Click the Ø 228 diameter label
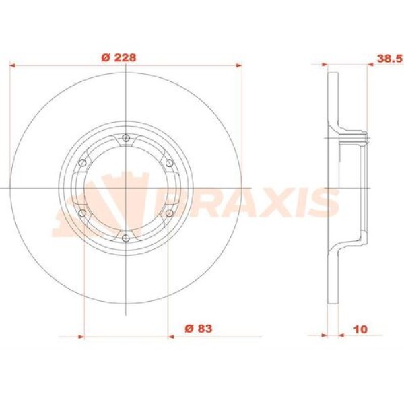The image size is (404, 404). coord(123,57)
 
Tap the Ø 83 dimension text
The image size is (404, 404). coord(199,328)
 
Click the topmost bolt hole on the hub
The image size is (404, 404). coord(126,139)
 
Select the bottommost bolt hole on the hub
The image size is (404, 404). coord(126,237)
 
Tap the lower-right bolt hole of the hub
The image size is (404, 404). coord(168,213)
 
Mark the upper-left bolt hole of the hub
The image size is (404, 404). coord(82,163)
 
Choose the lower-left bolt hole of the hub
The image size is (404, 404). coord(82,213)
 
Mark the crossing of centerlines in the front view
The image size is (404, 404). coord(126,188)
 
